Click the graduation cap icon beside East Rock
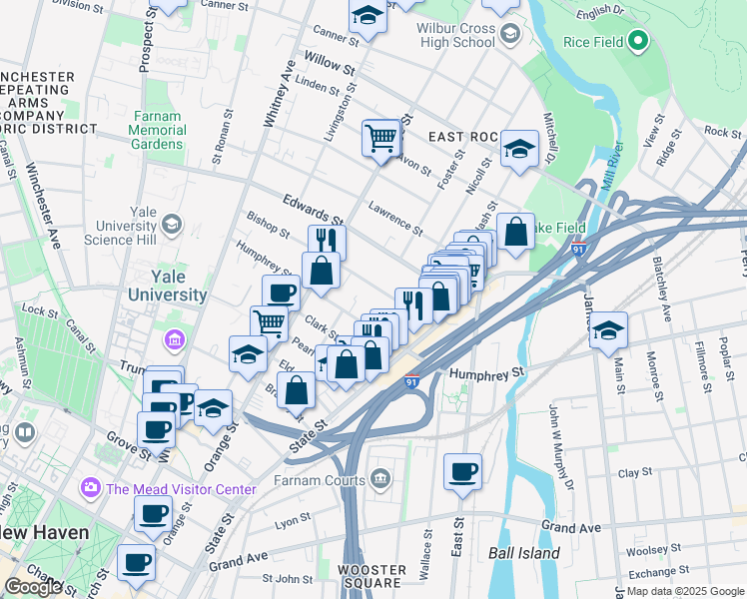pos(519,149)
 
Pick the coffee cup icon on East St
pos(461,471)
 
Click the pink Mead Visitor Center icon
pos(92,488)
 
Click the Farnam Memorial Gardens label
pos(157,130)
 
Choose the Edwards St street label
pos(313,209)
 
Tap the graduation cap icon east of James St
pos(608,330)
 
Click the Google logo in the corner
pos(33,587)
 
